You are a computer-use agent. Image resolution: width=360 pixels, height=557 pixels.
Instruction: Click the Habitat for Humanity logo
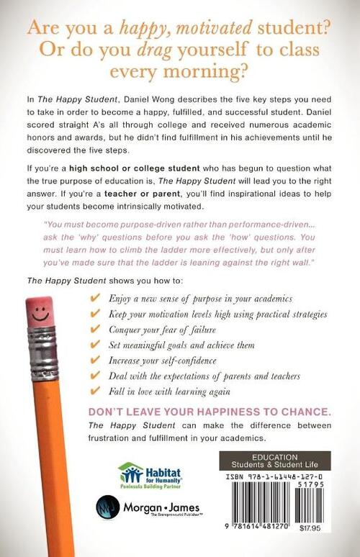pyautogui.click(x=150, y=475)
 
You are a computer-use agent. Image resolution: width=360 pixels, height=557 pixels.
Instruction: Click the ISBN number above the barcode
pyautogui.click(x=275, y=476)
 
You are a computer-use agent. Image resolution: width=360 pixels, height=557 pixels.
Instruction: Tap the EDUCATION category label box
pyautogui.click(x=275, y=461)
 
